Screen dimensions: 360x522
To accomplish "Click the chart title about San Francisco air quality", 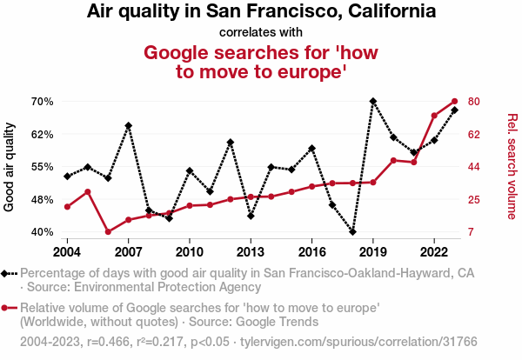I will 261,12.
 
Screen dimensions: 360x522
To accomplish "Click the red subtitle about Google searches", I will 261,62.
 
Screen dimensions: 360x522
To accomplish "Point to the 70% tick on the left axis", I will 42,102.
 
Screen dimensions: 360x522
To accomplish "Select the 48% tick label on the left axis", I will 42,199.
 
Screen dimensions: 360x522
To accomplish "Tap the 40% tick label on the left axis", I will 42,232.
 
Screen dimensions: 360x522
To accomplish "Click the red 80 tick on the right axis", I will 474,102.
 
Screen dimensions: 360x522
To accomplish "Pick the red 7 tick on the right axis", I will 471,232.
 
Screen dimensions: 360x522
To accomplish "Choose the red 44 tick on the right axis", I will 474,167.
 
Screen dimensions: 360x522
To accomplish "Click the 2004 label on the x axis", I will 67,252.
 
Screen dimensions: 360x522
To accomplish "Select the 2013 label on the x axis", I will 251,252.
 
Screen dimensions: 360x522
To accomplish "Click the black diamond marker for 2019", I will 373,102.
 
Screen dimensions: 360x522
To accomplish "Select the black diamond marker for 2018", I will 352,232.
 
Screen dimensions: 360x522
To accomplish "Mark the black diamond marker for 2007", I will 128,125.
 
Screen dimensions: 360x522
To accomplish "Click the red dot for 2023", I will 455,102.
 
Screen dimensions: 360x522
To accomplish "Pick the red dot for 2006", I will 108,232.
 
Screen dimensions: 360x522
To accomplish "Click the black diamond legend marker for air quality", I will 9,273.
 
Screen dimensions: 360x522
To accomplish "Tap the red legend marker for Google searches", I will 9,308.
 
